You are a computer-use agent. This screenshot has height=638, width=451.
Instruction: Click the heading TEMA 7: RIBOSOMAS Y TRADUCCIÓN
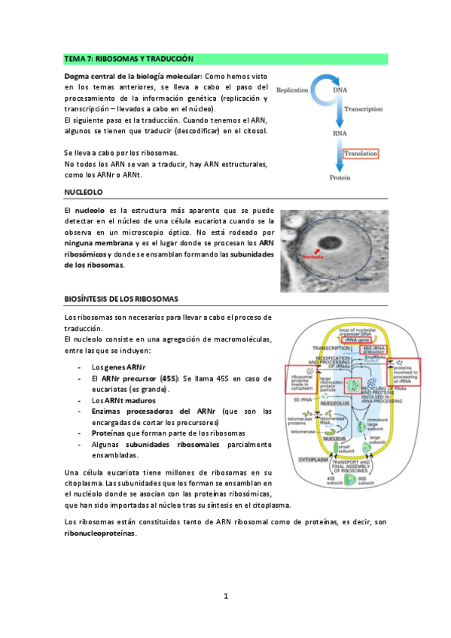[129, 58]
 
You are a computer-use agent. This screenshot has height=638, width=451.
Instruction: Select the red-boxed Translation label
[360, 153]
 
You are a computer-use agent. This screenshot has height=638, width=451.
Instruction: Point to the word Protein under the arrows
[343, 178]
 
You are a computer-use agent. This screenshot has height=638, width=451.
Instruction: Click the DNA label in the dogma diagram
[340, 90]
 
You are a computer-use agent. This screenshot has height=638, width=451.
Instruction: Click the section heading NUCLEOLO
[84, 193]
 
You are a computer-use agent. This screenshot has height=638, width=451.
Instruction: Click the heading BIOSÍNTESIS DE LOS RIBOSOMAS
[121, 299]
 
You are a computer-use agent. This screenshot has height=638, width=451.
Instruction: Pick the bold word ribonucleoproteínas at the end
[105, 533]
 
